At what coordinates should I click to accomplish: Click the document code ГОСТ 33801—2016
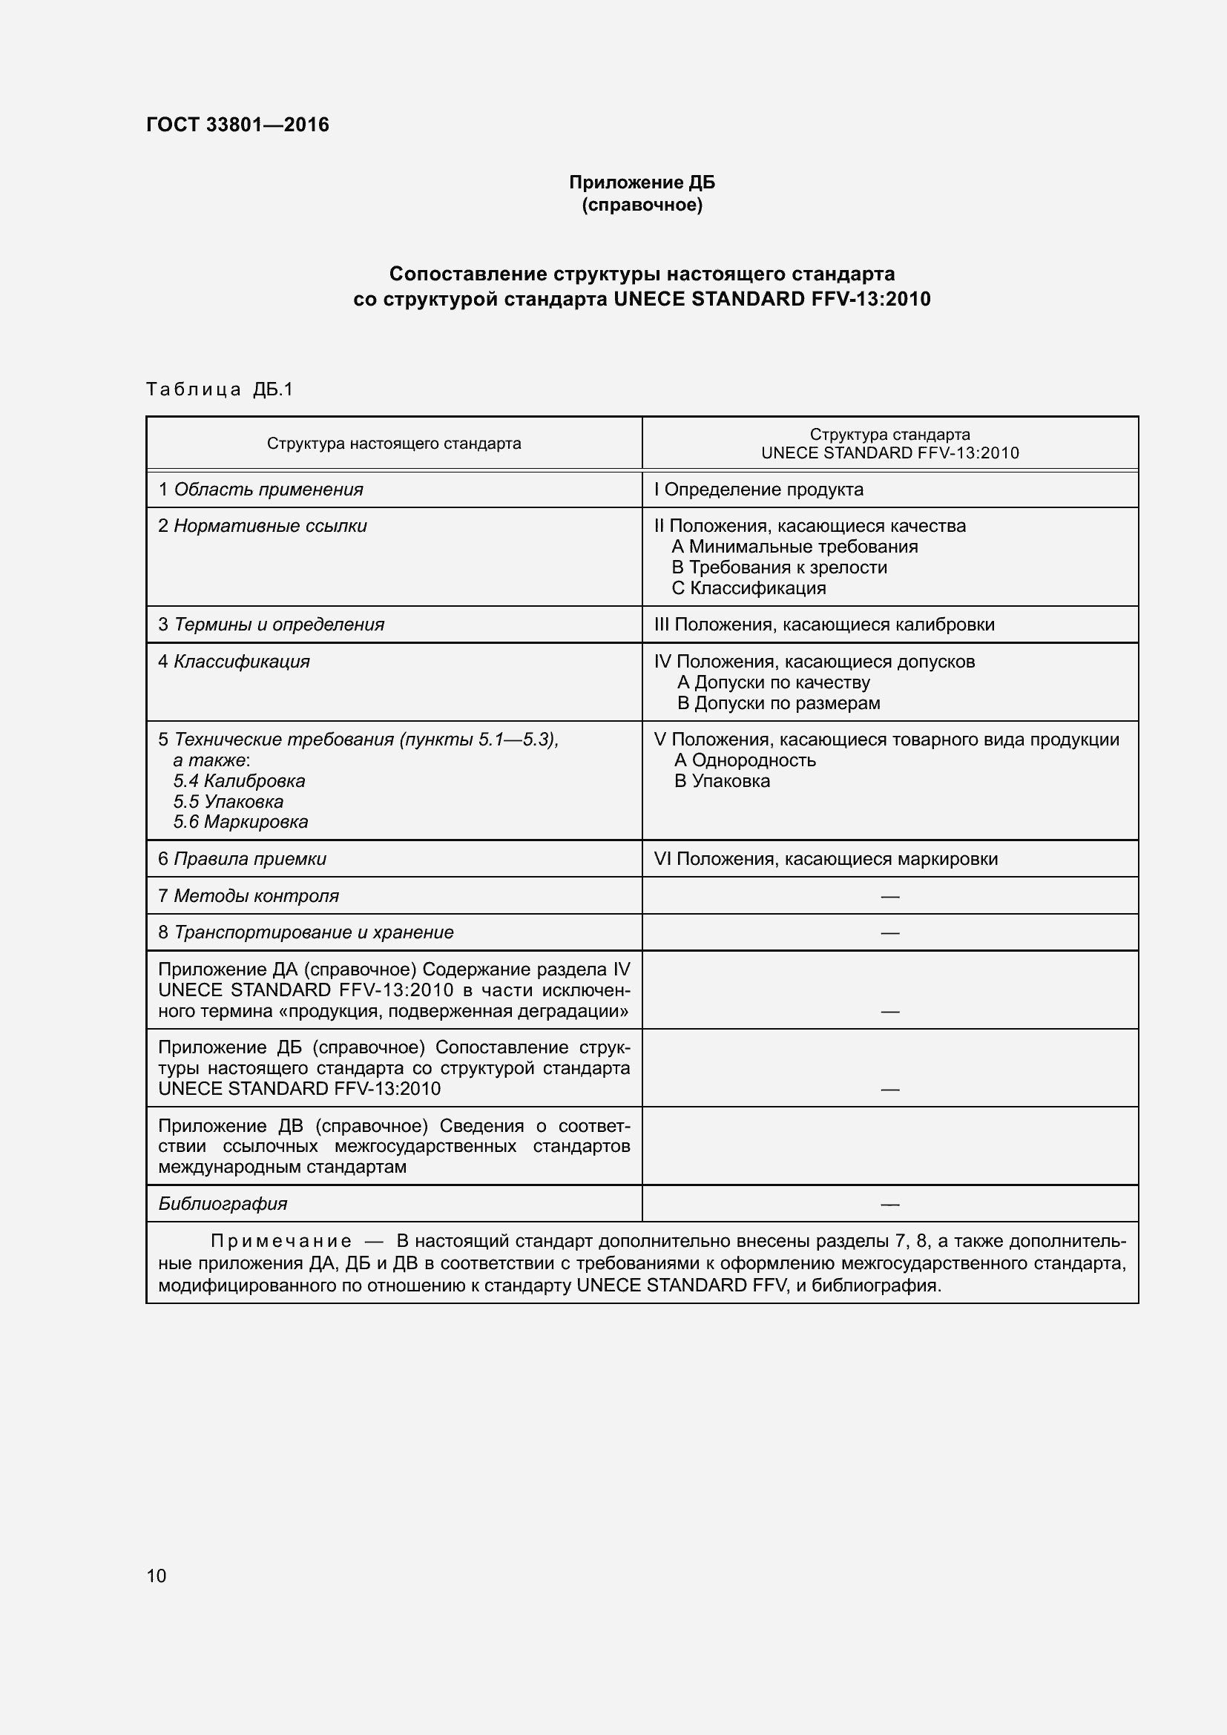click(x=237, y=125)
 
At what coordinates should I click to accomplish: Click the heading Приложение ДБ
click(x=642, y=182)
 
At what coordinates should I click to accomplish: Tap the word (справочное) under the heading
click(x=642, y=205)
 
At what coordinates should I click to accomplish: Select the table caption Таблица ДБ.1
click(x=219, y=389)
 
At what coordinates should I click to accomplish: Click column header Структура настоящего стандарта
click(x=394, y=444)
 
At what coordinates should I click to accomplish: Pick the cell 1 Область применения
click(x=260, y=490)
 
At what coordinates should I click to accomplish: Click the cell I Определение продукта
click(x=759, y=490)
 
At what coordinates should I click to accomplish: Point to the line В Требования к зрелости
click(x=779, y=567)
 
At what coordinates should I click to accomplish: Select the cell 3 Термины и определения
click(x=272, y=625)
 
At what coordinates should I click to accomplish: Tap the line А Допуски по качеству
click(x=774, y=682)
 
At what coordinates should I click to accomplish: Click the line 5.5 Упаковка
click(x=228, y=802)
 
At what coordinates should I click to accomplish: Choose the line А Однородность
click(x=745, y=760)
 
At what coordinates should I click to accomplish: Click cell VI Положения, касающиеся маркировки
click(x=826, y=859)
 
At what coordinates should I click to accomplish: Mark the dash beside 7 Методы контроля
click(x=890, y=896)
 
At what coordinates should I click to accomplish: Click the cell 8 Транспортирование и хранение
click(x=306, y=932)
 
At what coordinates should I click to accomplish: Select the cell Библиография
click(x=223, y=1204)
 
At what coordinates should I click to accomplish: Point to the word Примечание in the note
click(x=281, y=1242)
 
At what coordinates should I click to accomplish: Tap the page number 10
click(x=157, y=1576)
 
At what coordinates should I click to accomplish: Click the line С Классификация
click(x=749, y=588)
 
